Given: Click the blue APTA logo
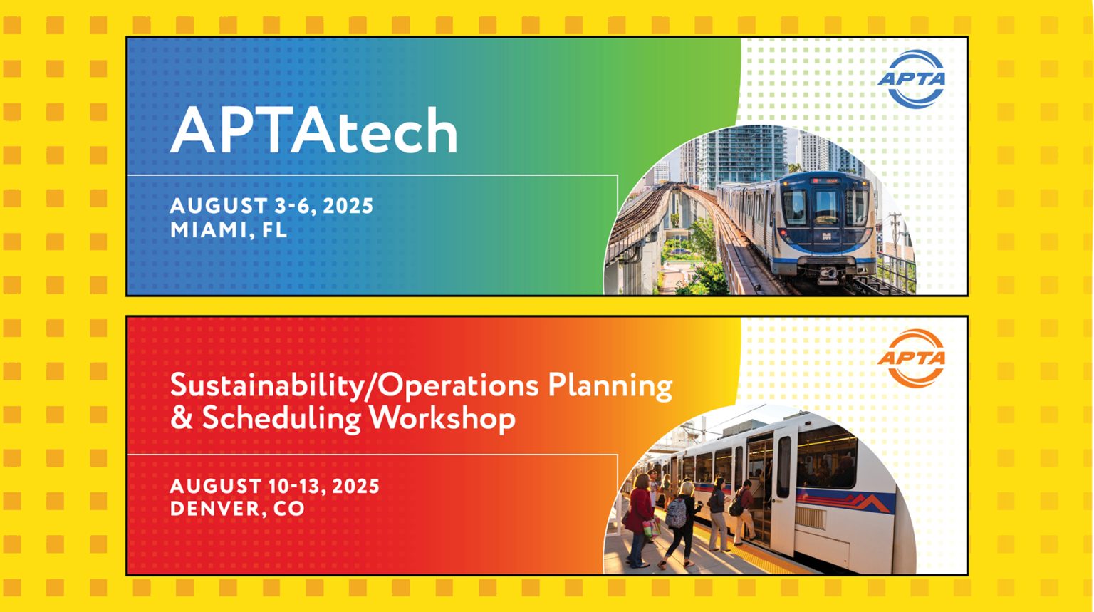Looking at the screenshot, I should [x=912, y=79].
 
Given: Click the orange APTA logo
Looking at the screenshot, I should [x=912, y=358].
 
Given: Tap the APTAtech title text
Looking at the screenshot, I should [x=313, y=131].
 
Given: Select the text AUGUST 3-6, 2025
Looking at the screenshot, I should [x=271, y=206].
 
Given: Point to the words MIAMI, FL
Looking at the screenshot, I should [x=229, y=230].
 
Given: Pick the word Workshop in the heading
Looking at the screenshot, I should [x=442, y=417].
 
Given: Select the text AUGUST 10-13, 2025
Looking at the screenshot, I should [x=274, y=487].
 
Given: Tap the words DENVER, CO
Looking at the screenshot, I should [x=237, y=509].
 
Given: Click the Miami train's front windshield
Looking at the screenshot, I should [x=826, y=206].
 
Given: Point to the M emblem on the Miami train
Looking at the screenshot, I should [x=827, y=237].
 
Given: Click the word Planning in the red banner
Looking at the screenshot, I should [x=610, y=385].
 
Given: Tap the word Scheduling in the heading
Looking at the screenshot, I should [x=281, y=417].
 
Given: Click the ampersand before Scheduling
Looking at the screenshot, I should [x=181, y=417].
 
